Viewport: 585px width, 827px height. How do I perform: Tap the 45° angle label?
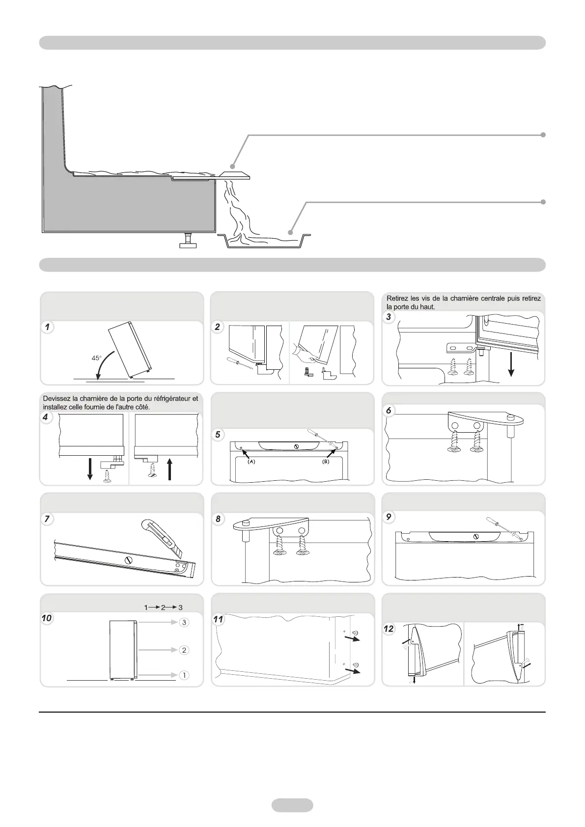pyautogui.click(x=97, y=358)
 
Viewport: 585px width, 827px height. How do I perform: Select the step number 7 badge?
pyautogui.click(x=47, y=520)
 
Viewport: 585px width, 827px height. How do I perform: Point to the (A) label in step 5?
pyautogui.click(x=251, y=462)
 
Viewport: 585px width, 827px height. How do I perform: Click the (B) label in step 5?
pyautogui.click(x=326, y=462)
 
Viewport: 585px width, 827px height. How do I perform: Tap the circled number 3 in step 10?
pyautogui.click(x=184, y=622)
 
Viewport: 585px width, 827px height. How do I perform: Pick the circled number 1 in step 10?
pyautogui.click(x=184, y=675)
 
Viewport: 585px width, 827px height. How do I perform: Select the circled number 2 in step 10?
pyautogui.click(x=184, y=650)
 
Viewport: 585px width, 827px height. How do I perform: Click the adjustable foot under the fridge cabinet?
pyautogui.click(x=188, y=240)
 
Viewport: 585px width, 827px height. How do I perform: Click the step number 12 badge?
pyautogui.click(x=390, y=629)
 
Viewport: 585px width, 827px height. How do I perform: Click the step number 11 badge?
pyautogui.click(x=218, y=620)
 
